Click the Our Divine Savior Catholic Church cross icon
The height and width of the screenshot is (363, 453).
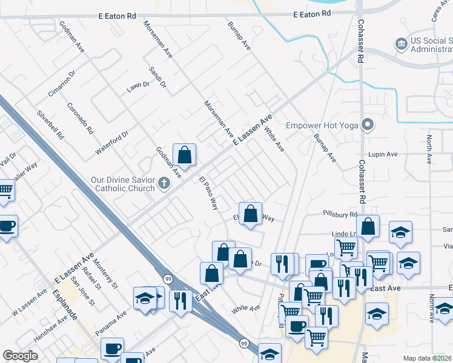point(164,183)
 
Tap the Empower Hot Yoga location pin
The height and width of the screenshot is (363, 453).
point(367,126)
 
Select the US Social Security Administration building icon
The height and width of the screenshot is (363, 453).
point(400,44)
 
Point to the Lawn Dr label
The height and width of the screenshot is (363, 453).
point(137,86)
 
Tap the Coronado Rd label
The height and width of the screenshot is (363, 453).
point(80,118)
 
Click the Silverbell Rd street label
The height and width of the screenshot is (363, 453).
point(50,125)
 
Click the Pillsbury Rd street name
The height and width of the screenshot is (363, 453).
point(340,215)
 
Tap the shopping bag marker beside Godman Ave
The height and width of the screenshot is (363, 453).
point(184,156)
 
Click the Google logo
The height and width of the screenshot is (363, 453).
point(20,356)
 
